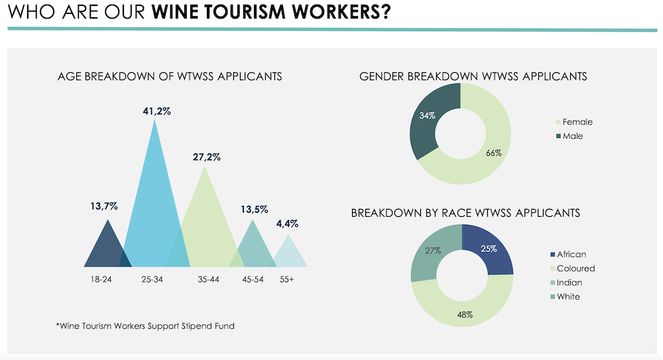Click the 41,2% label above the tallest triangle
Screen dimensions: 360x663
(156, 111)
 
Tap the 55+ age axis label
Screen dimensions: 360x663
(287, 280)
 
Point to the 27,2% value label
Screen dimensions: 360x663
(207, 158)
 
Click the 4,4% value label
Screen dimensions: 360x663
(287, 225)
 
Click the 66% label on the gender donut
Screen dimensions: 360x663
(493, 153)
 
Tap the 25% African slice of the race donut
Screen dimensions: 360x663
(491, 249)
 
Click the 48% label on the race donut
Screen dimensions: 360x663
(464, 314)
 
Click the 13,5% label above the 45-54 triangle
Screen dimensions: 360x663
(253, 210)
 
